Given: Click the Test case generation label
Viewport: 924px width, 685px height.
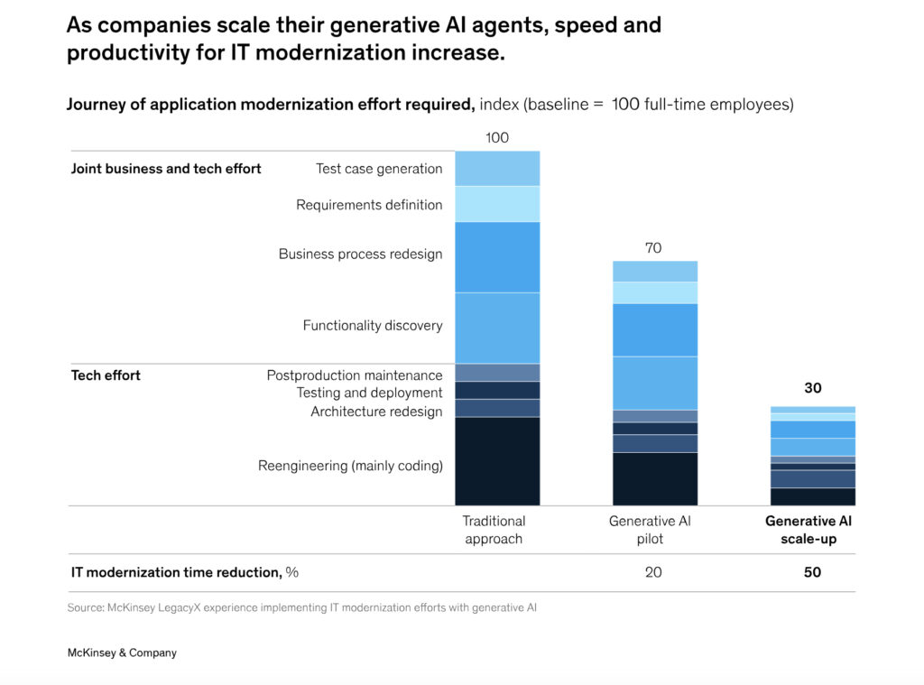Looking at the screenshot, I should (379, 169).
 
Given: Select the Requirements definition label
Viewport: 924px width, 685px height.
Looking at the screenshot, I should (369, 205).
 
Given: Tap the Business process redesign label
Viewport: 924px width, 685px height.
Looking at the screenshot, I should (360, 255).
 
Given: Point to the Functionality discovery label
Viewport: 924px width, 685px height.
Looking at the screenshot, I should (373, 325).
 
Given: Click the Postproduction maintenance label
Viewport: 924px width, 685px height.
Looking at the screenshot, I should (355, 375).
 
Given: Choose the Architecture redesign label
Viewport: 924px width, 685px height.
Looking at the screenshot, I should (376, 412).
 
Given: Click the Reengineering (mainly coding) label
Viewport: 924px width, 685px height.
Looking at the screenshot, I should (350, 466).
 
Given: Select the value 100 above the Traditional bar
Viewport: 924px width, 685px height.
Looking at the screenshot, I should (497, 138).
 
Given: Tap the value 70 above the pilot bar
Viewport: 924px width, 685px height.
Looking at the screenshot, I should (654, 248).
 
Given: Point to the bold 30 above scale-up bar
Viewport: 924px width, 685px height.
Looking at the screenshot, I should (812, 388).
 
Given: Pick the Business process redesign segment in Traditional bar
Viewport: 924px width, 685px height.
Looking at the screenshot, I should (497, 257).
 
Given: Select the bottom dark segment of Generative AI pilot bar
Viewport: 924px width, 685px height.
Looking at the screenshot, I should (654, 478).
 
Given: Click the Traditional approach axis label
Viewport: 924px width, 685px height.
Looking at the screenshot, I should (494, 530).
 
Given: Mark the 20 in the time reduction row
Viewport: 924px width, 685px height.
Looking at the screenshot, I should (654, 572).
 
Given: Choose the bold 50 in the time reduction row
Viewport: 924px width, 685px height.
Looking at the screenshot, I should (812, 572).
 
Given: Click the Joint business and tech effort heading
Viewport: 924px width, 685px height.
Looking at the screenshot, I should (166, 169).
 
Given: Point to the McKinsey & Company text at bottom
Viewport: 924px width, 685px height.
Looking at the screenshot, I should (122, 653).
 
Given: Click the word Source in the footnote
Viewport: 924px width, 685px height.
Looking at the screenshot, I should (85, 608).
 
